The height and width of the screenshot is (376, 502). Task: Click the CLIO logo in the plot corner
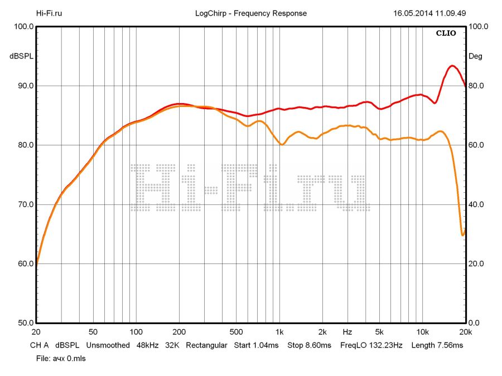point(446,33)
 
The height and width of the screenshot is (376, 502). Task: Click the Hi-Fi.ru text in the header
point(49,13)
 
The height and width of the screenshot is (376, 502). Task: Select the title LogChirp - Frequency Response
point(251,13)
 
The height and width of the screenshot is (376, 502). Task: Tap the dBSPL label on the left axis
point(21,56)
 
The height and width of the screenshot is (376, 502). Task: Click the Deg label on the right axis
point(475,56)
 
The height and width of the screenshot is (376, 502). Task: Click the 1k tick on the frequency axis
point(281,332)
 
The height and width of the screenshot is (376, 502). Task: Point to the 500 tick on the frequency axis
point(237,332)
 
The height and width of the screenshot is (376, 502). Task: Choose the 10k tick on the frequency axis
point(423,332)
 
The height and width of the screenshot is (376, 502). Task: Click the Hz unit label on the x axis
point(347,332)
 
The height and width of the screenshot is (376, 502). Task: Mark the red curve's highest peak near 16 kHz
point(452,66)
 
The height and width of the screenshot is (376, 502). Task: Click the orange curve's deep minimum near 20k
point(463,235)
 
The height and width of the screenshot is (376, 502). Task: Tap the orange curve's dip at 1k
point(282,144)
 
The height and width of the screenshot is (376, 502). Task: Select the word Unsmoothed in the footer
point(107,345)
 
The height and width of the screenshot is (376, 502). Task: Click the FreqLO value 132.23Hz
point(385,345)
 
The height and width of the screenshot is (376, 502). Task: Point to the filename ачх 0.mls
point(69,358)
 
